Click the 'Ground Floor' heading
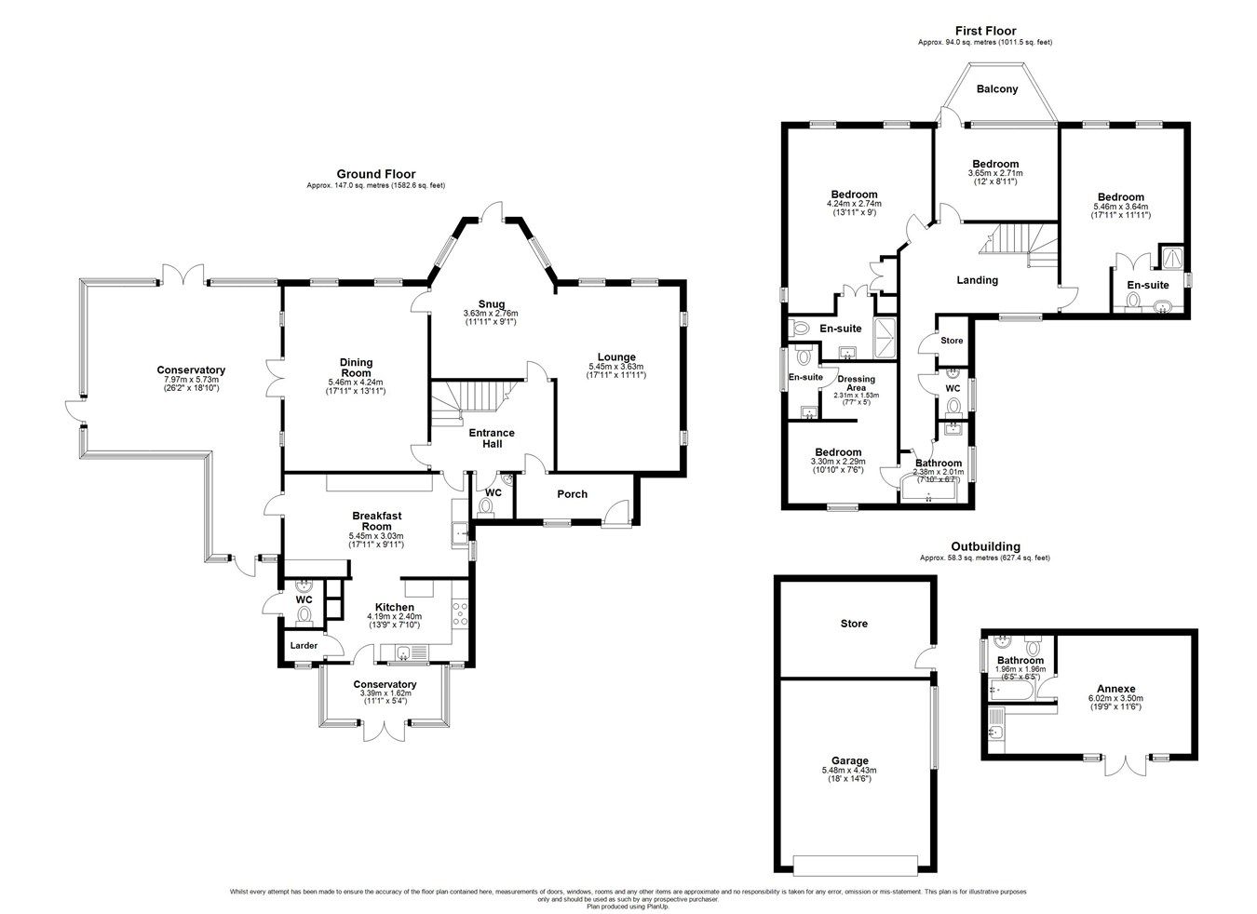pyautogui.click(x=375, y=174)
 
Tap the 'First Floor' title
pyautogui.click(x=984, y=31)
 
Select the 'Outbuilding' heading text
pyautogui.click(x=984, y=546)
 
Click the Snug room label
pyautogui.click(x=491, y=303)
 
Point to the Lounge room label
pyautogui.click(x=615, y=356)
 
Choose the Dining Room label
pyautogui.click(x=356, y=368)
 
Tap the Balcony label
pyautogui.click(x=996, y=89)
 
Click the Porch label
pyautogui.click(x=572, y=494)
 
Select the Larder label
pyautogui.click(x=304, y=645)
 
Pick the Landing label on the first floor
pyautogui.click(x=977, y=280)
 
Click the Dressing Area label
pyautogui.click(x=856, y=383)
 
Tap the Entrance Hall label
pyautogui.click(x=491, y=437)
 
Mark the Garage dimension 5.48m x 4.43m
pyautogui.click(x=848, y=770)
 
